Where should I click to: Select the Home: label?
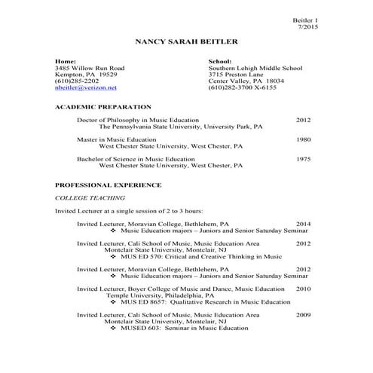point(66,61)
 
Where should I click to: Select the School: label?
point(219,61)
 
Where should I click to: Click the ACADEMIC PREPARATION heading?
point(103,107)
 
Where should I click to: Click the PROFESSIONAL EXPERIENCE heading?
point(109,185)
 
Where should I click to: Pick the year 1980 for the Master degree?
point(303,139)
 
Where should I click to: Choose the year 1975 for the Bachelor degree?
point(303,159)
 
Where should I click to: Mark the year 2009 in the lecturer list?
point(303,315)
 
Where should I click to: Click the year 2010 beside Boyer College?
point(303,289)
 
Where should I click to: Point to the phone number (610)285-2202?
point(77,81)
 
